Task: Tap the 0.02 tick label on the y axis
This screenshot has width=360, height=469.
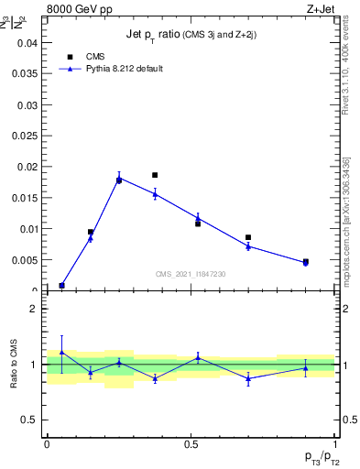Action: (x=29, y=167)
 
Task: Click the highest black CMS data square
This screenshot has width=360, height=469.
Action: (x=155, y=175)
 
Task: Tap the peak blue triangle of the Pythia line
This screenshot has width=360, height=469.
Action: (x=119, y=179)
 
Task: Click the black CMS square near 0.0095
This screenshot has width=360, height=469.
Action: (x=91, y=232)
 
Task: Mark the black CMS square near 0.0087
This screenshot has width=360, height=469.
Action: (x=248, y=237)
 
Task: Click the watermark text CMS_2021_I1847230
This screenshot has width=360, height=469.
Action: (x=191, y=274)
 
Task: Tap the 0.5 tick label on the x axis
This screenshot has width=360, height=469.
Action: (x=191, y=443)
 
